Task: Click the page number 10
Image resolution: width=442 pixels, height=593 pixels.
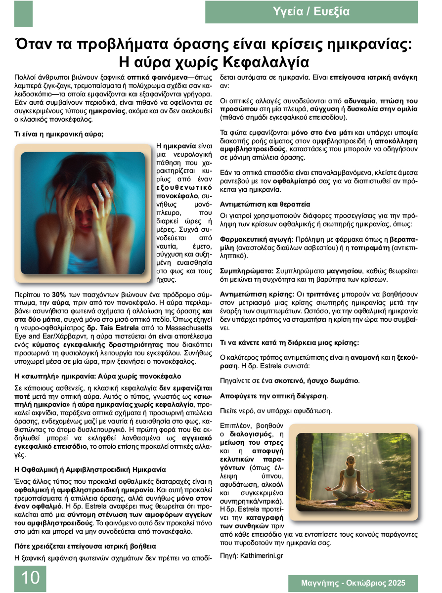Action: click(30, 578)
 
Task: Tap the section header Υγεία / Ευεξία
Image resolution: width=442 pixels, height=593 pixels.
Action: click(311, 12)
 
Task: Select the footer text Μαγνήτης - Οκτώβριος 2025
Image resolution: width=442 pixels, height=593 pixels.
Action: click(353, 583)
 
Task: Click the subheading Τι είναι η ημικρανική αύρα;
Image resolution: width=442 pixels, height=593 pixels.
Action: click(59, 134)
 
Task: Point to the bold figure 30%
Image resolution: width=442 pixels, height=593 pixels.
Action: click(59, 294)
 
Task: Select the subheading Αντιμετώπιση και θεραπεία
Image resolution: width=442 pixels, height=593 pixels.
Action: click(265, 204)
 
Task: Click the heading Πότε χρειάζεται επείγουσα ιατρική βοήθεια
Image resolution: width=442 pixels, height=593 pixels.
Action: click(85, 546)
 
